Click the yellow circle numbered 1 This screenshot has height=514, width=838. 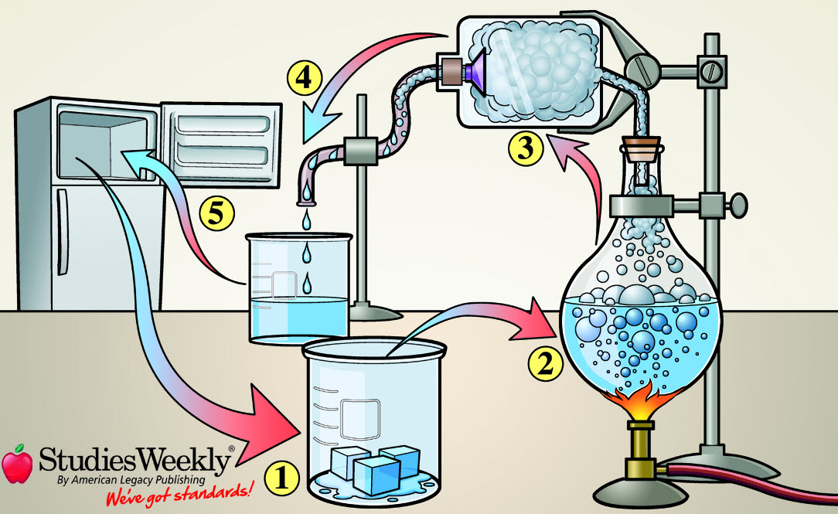tap(281, 479)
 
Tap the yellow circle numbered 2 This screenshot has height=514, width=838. tap(546, 362)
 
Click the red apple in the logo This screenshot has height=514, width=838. tap(17, 463)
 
